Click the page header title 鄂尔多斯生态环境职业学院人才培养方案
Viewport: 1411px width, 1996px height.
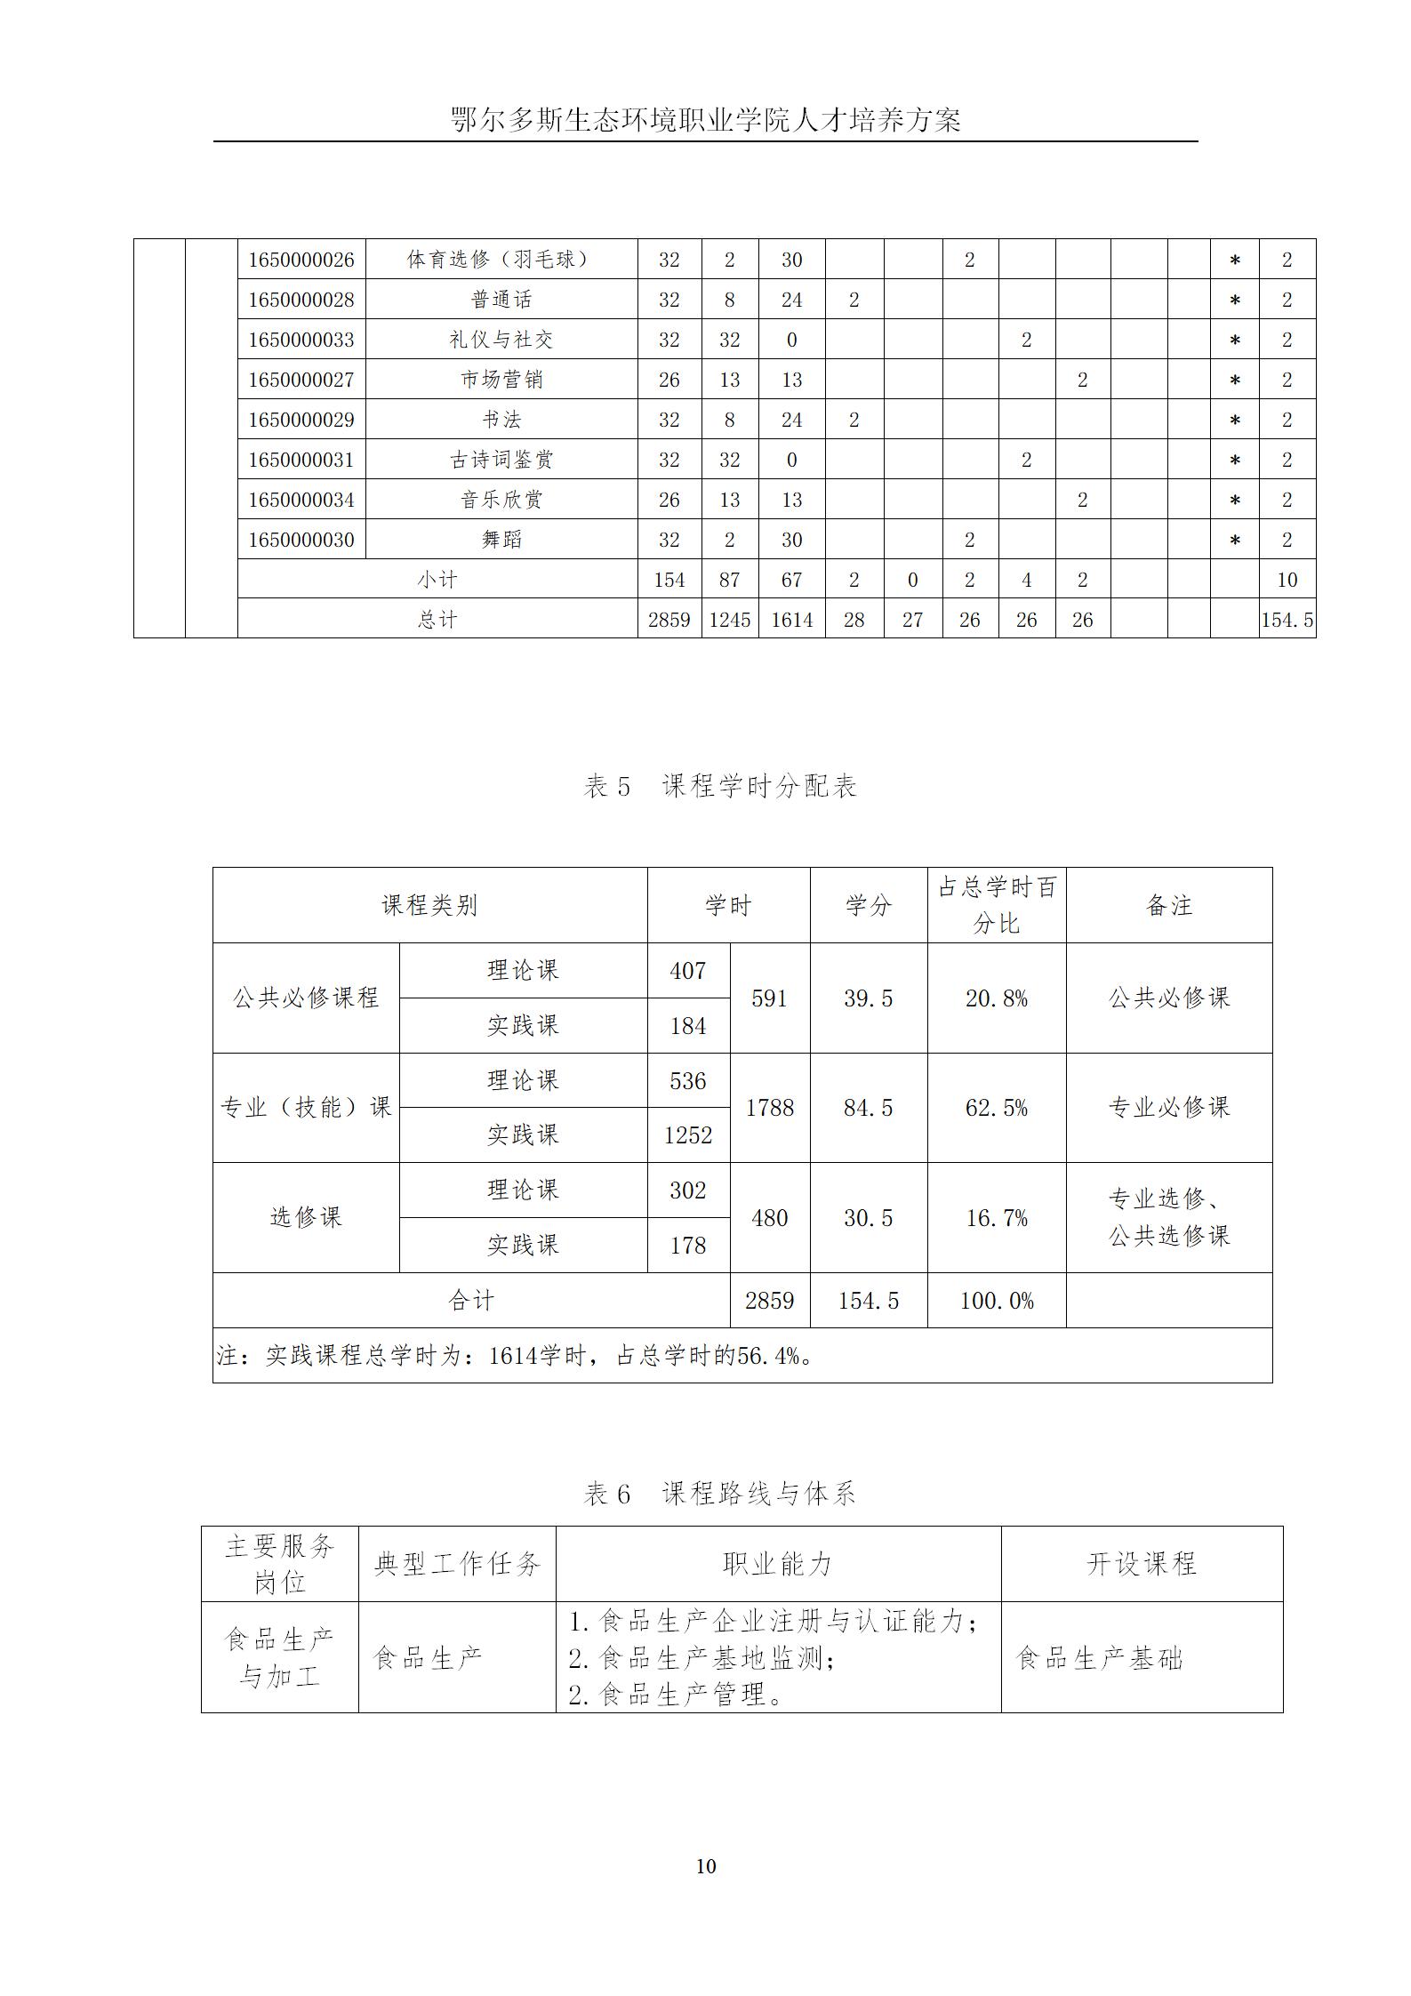(706, 120)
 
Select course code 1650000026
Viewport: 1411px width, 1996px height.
(301, 260)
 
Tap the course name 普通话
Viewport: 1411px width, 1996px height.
(501, 300)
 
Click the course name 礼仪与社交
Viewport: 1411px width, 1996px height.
(501, 340)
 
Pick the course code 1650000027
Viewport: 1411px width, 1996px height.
(301, 380)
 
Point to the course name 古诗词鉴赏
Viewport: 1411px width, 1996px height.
(501, 460)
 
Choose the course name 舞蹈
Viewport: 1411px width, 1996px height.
(501, 540)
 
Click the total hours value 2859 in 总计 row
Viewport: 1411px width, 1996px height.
(669, 620)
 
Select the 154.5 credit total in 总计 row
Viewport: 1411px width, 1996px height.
(1287, 620)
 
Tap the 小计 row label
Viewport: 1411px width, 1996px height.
(437, 580)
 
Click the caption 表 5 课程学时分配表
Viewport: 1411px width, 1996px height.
(719, 786)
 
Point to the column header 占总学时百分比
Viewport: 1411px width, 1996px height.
(996, 905)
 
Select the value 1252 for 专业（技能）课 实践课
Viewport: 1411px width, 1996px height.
(688, 1135)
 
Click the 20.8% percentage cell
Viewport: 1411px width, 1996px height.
(996, 998)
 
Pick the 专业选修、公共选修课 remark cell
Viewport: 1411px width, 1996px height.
(1168, 1217)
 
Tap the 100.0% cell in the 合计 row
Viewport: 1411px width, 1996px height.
(996, 1301)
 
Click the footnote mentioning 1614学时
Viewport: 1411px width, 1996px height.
(515, 1356)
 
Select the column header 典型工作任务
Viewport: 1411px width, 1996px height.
(457, 1564)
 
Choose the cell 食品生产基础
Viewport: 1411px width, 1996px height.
(1099, 1658)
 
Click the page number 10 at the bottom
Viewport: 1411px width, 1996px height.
(706, 1866)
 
